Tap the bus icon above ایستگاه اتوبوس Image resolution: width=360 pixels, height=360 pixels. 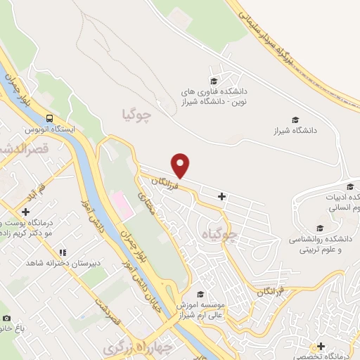[50, 119]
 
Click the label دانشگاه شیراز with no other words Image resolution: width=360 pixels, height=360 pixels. [296, 131]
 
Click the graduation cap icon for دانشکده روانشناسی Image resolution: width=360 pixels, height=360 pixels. [321, 229]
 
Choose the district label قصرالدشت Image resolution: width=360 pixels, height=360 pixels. [26, 149]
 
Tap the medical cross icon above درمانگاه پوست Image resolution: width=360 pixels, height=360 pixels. [26, 211]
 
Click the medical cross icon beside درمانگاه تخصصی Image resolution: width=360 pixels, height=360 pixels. [321, 346]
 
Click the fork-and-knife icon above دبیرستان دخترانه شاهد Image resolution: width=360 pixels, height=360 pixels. [63, 252]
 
